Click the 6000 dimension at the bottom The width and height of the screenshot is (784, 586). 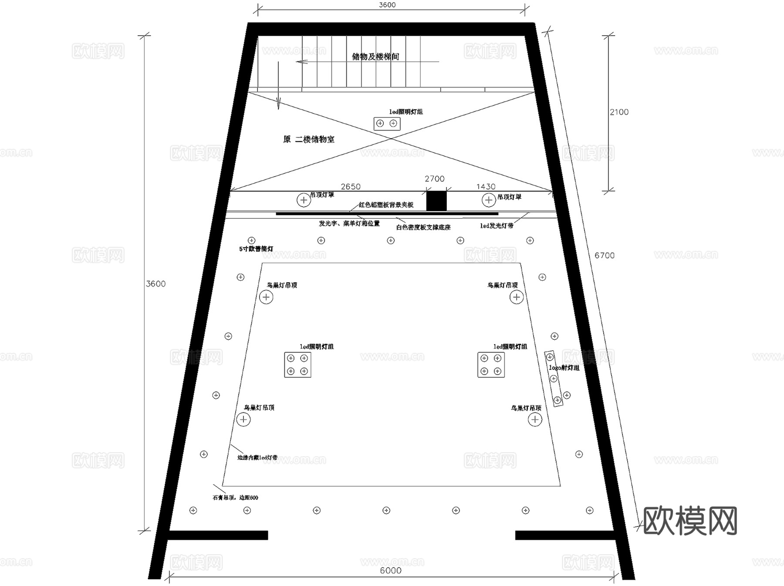390,570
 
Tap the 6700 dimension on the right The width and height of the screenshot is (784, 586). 605,255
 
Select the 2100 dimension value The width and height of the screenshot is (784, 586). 619,112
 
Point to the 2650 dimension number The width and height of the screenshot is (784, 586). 351,187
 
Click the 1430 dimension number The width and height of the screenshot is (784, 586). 486,187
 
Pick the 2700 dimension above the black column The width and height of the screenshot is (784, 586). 434,179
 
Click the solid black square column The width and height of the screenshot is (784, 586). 436,201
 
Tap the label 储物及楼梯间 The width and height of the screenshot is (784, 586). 375,57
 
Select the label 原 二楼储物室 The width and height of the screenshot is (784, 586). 309,140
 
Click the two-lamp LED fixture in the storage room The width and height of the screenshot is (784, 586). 387,124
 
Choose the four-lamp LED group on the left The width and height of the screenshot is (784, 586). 297,365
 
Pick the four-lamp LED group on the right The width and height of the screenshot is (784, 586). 491,365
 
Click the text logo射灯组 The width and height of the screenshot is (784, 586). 564,368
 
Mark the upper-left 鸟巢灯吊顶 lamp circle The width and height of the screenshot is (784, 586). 266,297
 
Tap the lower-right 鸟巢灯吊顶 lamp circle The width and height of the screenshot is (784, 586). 535,419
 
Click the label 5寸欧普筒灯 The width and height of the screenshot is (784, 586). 256,249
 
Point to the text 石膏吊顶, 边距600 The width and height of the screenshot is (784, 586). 235,497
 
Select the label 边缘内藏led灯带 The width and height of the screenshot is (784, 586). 257,458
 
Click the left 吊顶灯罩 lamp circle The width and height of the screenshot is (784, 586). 304,200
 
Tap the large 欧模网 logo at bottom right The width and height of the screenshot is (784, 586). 690,521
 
